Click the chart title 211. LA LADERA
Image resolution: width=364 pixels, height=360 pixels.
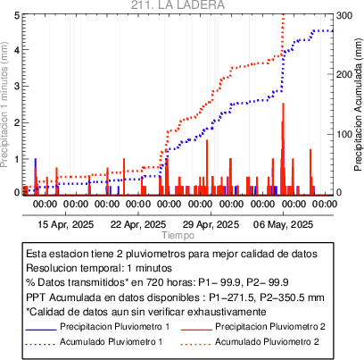click(178, 4)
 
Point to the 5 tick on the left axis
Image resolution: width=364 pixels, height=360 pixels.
click(17, 15)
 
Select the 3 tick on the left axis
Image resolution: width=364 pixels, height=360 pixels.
click(17, 87)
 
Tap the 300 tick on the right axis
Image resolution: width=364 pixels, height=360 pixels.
click(344, 15)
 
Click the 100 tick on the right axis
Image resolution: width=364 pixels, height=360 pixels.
click(344, 134)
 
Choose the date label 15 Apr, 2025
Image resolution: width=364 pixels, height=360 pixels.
click(66, 224)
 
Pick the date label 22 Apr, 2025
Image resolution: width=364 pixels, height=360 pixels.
click(138, 224)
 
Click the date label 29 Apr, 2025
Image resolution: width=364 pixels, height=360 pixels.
click(211, 224)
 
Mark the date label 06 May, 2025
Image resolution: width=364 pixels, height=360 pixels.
click(283, 224)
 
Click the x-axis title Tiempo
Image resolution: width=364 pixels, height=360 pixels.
click(178, 235)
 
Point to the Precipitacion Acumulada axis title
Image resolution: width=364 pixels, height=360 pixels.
click(359, 105)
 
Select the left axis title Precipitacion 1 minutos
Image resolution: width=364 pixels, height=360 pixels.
click(4, 105)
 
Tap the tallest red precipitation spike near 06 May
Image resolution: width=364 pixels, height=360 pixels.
click(283, 149)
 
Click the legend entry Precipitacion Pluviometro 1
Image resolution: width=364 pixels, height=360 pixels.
click(115, 327)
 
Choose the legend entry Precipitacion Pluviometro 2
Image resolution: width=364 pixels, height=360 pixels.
click(270, 327)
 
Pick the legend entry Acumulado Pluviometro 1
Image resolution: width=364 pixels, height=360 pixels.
click(112, 341)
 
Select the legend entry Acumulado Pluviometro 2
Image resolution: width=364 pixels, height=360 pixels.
click(267, 341)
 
